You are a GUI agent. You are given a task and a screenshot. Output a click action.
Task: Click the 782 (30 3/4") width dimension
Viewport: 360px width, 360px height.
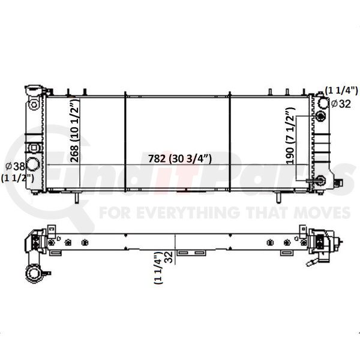pyautogui.click(x=179, y=158)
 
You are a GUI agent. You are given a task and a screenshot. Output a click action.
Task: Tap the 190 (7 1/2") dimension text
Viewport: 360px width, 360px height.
pyautogui.click(x=290, y=136)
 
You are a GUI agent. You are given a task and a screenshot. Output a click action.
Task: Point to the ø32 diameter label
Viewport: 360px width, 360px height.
pyautogui.click(x=341, y=104)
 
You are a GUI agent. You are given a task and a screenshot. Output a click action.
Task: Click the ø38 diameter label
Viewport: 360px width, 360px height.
pyautogui.click(x=15, y=166)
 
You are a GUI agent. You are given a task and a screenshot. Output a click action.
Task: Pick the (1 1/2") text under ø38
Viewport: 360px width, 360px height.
pyautogui.click(x=17, y=178)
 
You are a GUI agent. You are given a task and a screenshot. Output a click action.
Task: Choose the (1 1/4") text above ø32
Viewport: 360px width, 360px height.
pyautogui.click(x=341, y=91)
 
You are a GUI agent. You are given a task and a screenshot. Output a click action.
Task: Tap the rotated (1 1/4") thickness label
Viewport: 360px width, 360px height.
pyautogui.click(x=158, y=268)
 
